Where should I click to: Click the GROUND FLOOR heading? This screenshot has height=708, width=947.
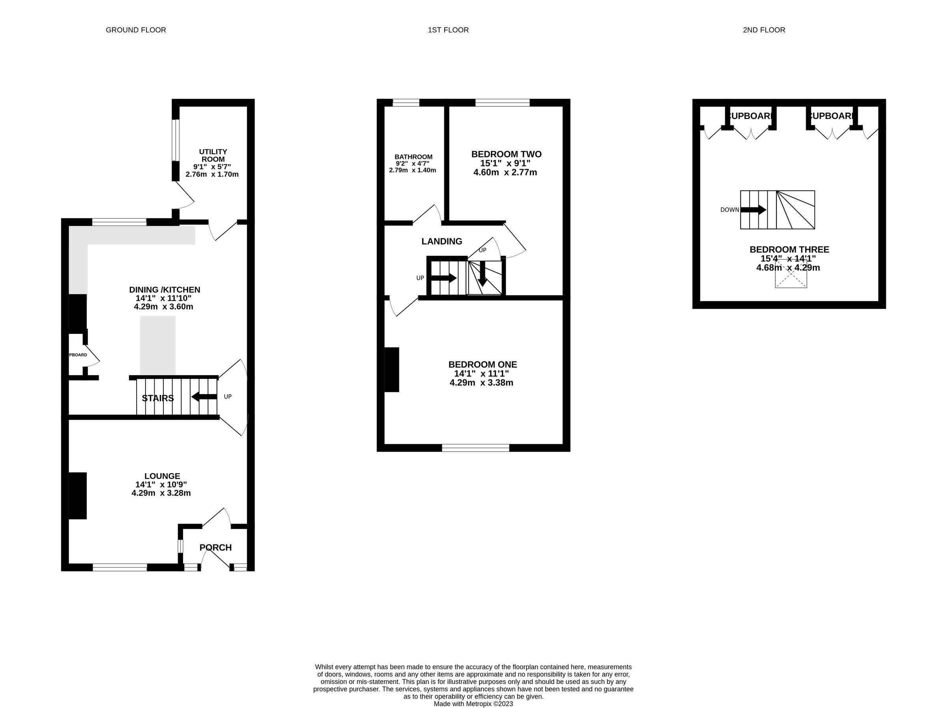click(136, 30)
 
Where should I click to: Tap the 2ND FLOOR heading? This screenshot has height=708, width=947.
click(764, 30)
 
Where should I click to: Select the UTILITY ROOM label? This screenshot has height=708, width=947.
click(213, 155)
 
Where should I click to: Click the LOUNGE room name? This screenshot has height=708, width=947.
click(162, 476)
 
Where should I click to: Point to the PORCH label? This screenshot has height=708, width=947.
click(215, 547)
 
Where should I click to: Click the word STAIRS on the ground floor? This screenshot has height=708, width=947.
click(157, 398)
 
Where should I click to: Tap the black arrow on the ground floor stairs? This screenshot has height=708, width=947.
click(204, 397)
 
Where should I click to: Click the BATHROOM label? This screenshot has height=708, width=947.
click(413, 157)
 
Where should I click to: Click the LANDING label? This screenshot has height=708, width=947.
click(442, 241)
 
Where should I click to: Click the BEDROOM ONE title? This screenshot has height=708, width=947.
click(483, 365)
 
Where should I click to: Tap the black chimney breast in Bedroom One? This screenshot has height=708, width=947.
click(392, 369)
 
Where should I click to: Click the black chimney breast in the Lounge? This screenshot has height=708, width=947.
click(78, 496)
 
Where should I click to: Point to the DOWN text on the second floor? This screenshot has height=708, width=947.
click(730, 210)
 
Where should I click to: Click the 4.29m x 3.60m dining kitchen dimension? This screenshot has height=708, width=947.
click(163, 307)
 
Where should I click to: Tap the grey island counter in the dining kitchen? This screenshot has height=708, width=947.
click(157, 345)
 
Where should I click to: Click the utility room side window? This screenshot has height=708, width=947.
click(176, 140)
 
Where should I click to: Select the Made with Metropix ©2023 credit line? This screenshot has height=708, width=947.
click(473, 703)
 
